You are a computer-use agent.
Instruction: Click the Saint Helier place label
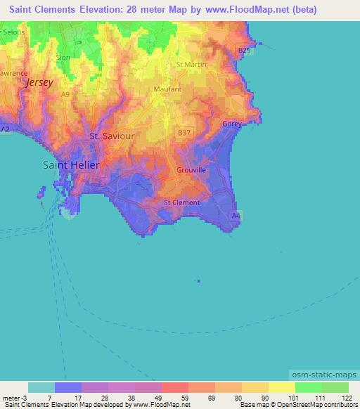71,164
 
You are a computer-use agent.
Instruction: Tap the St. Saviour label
111,136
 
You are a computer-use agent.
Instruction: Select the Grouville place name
191,169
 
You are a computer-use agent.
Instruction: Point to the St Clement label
181,202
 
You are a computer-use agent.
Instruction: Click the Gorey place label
232,124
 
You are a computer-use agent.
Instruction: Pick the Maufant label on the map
167,89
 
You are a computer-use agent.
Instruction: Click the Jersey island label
39,82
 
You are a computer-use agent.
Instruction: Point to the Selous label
13,32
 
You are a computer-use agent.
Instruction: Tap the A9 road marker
65,93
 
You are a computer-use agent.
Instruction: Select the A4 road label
236,216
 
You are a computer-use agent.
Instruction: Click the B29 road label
244,51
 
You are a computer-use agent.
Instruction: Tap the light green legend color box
335,387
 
